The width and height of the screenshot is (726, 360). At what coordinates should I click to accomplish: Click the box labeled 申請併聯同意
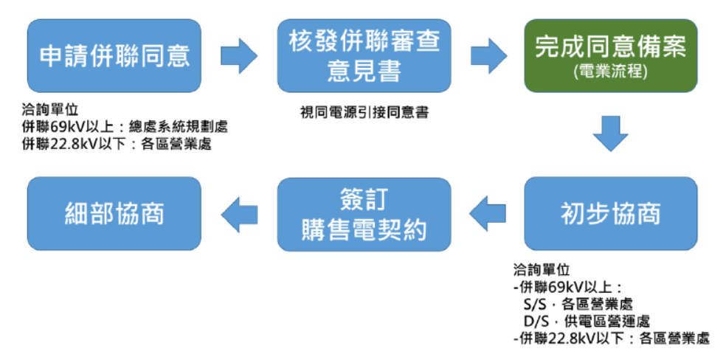click(x=114, y=55)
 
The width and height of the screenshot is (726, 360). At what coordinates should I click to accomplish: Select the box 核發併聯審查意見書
click(x=364, y=55)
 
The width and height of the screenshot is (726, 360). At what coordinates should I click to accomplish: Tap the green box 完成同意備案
click(x=611, y=55)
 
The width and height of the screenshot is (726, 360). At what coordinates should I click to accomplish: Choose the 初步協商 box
click(x=611, y=214)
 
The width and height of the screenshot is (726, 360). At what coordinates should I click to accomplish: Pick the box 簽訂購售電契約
click(x=364, y=214)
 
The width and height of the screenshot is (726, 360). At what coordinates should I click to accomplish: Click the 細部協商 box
click(x=114, y=214)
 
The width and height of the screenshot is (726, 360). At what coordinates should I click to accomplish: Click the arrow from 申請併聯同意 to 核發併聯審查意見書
click(x=239, y=56)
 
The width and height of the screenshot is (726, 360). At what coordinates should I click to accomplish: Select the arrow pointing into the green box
click(x=489, y=56)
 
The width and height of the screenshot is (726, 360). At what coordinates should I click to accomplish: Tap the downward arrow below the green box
click(x=611, y=134)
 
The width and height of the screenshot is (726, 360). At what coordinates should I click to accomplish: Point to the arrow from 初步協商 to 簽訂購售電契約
click(x=488, y=214)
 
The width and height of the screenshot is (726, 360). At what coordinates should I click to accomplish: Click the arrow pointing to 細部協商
click(x=239, y=214)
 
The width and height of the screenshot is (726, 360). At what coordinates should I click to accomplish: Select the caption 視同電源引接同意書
click(x=364, y=112)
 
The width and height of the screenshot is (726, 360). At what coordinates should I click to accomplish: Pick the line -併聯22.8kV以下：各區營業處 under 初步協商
click(x=611, y=339)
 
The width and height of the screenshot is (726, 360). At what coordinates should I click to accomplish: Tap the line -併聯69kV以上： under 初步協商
click(x=567, y=286)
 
